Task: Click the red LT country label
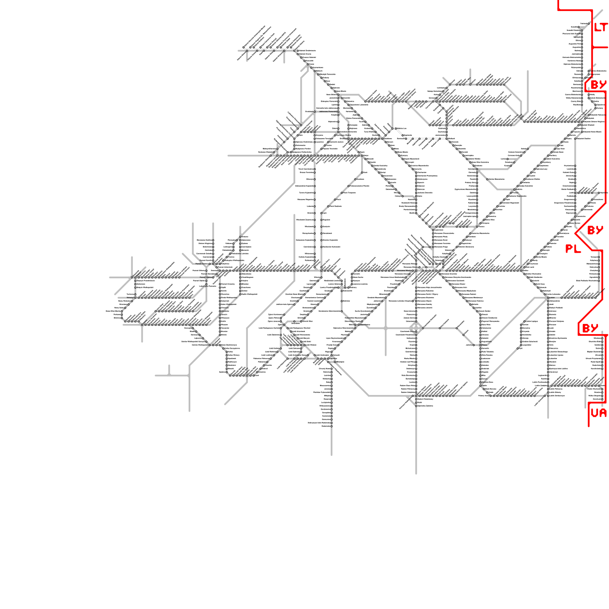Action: [601, 27]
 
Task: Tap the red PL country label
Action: [573, 249]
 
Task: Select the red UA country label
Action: [598, 413]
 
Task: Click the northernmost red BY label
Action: [598, 84]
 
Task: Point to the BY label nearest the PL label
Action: [595, 230]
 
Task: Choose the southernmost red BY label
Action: [590, 328]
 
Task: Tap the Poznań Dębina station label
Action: [201, 281]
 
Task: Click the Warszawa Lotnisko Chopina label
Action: [400, 301]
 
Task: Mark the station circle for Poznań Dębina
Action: [207, 281]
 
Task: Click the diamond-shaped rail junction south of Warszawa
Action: [415, 327]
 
